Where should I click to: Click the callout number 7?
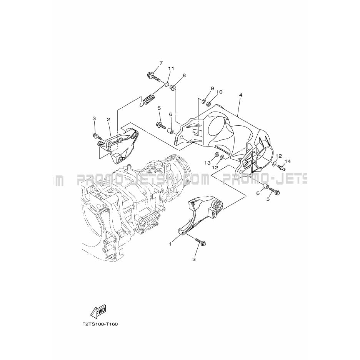(161, 63)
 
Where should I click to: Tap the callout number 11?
(171, 68)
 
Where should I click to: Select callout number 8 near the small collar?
(184, 75)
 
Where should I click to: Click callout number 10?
(219, 92)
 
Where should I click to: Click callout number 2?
(108, 119)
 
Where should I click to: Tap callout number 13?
(207, 163)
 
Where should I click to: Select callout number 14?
(287, 162)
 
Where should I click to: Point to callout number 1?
(170, 244)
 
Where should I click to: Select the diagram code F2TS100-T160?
(100, 324)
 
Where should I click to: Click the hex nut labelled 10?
(209, 103)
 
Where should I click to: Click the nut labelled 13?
(217, 154)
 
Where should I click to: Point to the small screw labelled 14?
(282, 168)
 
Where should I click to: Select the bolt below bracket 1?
(201, 241)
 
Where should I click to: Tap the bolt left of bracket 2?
(98, 137)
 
